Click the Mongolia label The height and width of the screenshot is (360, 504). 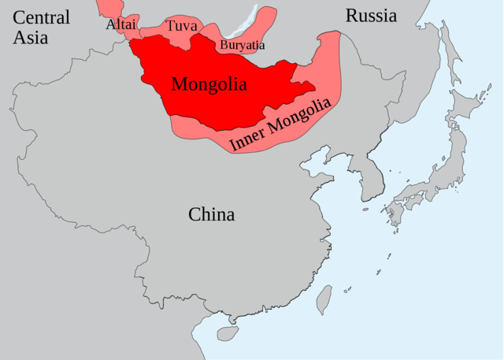click(x=209, y=84)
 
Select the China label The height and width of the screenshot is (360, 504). click(x=211, y=213)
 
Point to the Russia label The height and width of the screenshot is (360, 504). click(x=371, y=15)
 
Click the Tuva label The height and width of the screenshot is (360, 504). click(x=181, y=26)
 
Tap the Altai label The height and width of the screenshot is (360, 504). click(x=120, y=24)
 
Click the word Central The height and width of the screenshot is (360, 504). click(x=42, y=17)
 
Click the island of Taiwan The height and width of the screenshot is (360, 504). click(x=324, y=299)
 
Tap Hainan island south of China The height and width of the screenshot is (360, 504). click(x=228, y=333)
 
